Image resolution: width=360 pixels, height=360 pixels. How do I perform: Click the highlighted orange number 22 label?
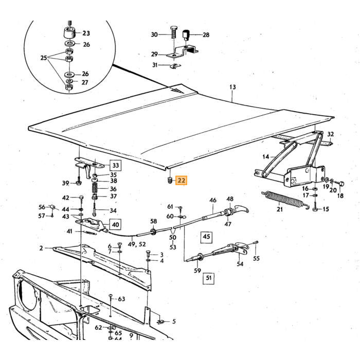tap(181, 181)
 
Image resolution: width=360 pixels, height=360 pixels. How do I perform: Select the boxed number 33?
tap(116, 165)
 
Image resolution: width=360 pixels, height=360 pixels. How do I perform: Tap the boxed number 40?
tap(115, 224)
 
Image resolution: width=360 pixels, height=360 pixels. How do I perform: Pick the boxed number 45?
tap(206, 237)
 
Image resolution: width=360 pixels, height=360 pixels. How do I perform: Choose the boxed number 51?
tap(208, 278)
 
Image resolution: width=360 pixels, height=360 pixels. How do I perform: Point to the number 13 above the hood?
tap(232, 87)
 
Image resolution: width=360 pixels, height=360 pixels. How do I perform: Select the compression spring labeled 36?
tap(95, 189)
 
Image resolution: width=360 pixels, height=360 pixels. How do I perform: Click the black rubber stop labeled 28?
tap(186, 34)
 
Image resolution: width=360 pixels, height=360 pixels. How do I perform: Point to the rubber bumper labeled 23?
tap(69, 33)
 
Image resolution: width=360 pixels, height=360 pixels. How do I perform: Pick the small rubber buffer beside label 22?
tap(170, 180)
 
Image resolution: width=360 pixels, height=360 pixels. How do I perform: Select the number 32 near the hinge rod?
tap(330, 134)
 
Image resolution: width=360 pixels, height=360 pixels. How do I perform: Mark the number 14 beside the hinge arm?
tap(266, 157)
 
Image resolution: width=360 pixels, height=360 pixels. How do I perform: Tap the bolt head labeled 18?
tap(341, 184)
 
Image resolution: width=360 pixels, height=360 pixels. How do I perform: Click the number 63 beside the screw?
tap(121, 299)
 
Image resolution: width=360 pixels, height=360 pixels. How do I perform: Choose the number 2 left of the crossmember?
tap(41, 248)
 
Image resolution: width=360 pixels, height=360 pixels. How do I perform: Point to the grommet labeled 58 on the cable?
tap(153, 231)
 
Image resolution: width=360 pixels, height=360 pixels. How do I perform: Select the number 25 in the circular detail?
tap(44, 58)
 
